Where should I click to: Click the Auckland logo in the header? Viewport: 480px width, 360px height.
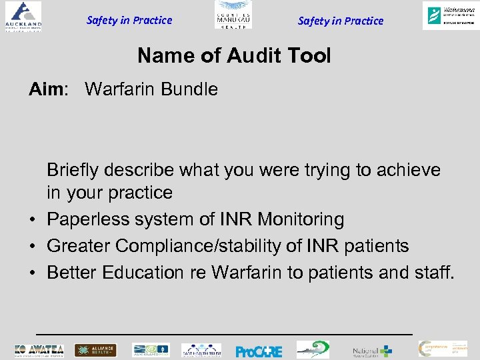[23, 16]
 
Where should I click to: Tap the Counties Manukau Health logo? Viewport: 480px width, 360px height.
[233, 15]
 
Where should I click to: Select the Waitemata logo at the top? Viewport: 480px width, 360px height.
[449, 15]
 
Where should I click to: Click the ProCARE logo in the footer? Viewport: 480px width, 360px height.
[259, 351]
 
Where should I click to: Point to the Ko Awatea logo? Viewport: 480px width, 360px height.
[39, 350]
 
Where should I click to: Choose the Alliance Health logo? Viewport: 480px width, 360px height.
[95, 350]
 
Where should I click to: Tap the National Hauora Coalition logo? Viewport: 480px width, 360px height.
[372, 351]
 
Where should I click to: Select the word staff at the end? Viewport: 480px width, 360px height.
[432, 273]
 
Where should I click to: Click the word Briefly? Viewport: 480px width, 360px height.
[75, 170]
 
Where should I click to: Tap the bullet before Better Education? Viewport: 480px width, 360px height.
[32, 273]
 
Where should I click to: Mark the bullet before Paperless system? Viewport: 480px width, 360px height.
[32, 220]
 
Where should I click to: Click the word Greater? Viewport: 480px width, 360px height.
[79, 246]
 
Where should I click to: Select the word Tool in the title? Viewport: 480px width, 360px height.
[308, 56]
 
